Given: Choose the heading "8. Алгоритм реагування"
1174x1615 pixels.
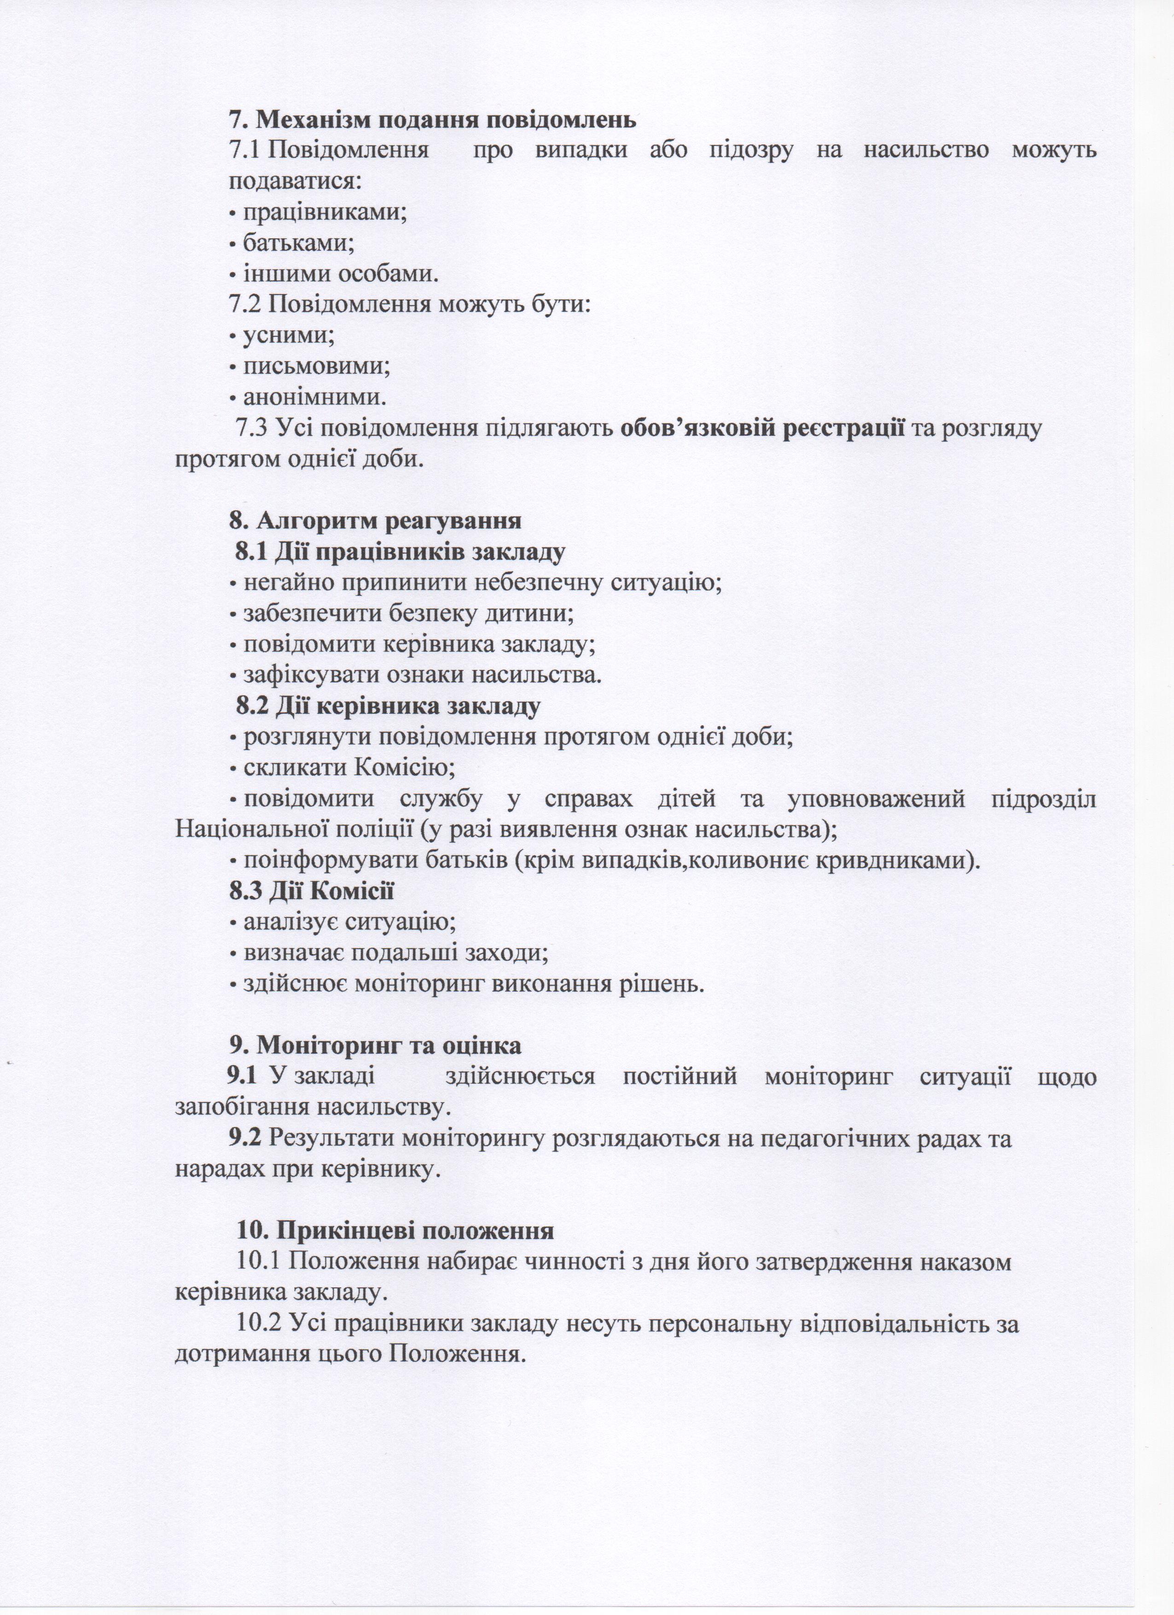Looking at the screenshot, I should (375, 520).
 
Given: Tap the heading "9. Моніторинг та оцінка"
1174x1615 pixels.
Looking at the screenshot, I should (375, 1045).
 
